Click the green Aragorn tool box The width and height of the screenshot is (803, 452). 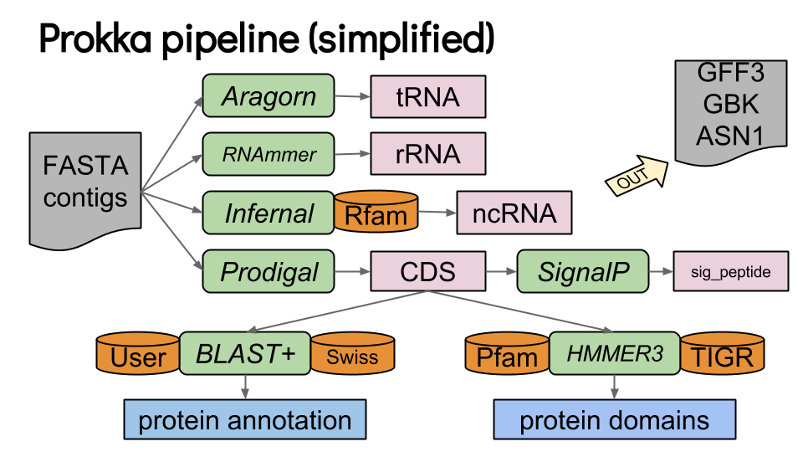coord(269,96)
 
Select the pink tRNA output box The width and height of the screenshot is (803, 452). coord(427,96)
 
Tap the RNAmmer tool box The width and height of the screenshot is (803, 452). coord(269,154)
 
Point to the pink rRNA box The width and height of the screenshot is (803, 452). coord(427,154)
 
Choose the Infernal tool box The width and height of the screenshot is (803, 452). coord(269,213)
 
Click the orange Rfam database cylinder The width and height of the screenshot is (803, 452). coord(376,213)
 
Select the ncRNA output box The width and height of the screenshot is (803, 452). coord(514,213)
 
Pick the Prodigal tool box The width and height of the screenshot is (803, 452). coord(269,271)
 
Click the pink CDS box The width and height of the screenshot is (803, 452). coord(427,271)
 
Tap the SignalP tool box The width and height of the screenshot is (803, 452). coord(583,271)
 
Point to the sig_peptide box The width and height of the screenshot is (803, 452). coord(731,271)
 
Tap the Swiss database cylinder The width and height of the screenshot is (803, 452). coord(352,355)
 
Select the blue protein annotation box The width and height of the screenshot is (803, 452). coord(245,420)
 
